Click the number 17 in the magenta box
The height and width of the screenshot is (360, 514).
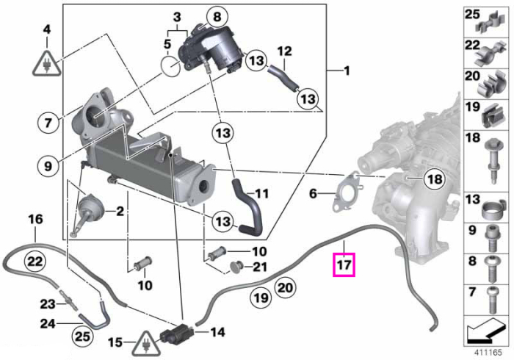344,264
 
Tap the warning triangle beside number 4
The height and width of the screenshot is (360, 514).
47,64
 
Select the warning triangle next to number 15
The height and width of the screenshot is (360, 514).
147,344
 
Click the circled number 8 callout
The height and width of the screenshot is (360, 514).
217,17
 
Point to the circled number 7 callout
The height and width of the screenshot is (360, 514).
48,123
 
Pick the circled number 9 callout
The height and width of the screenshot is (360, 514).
48,166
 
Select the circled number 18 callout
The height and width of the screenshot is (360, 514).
435,179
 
